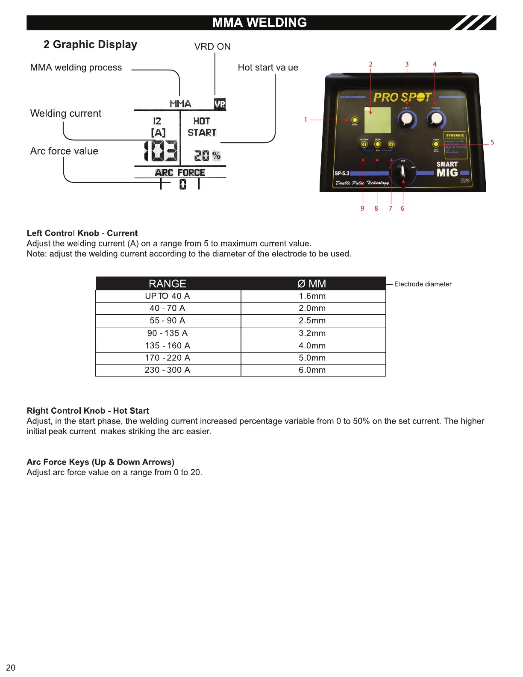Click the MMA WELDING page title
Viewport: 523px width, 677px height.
[259, 23]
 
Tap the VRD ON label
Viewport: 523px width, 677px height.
[212, 47]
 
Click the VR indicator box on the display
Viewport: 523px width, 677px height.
[220, 104]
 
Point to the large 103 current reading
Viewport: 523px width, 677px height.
[161, 151]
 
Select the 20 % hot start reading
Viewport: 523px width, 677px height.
[207, 156]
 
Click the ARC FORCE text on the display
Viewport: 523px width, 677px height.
[180, 173]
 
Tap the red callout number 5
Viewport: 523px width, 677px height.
[492, 142]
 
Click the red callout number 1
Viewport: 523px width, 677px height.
[306, 120]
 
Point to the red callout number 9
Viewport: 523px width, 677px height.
[362, 209]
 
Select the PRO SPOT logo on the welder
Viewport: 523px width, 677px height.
[402, 97]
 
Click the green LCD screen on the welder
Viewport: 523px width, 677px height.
[378, 120]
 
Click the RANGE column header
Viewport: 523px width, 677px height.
[167, 284]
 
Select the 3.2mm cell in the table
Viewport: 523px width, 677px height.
[312, 333]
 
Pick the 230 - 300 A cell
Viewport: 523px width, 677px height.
[167, 370]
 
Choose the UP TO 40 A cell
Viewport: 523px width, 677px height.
[167, 296]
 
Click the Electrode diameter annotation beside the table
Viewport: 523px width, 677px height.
[423, 284]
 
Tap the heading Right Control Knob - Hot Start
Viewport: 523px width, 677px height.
[88, 411]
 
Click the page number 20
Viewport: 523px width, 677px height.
[11, 668]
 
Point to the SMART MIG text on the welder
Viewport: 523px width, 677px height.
[447, 169]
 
